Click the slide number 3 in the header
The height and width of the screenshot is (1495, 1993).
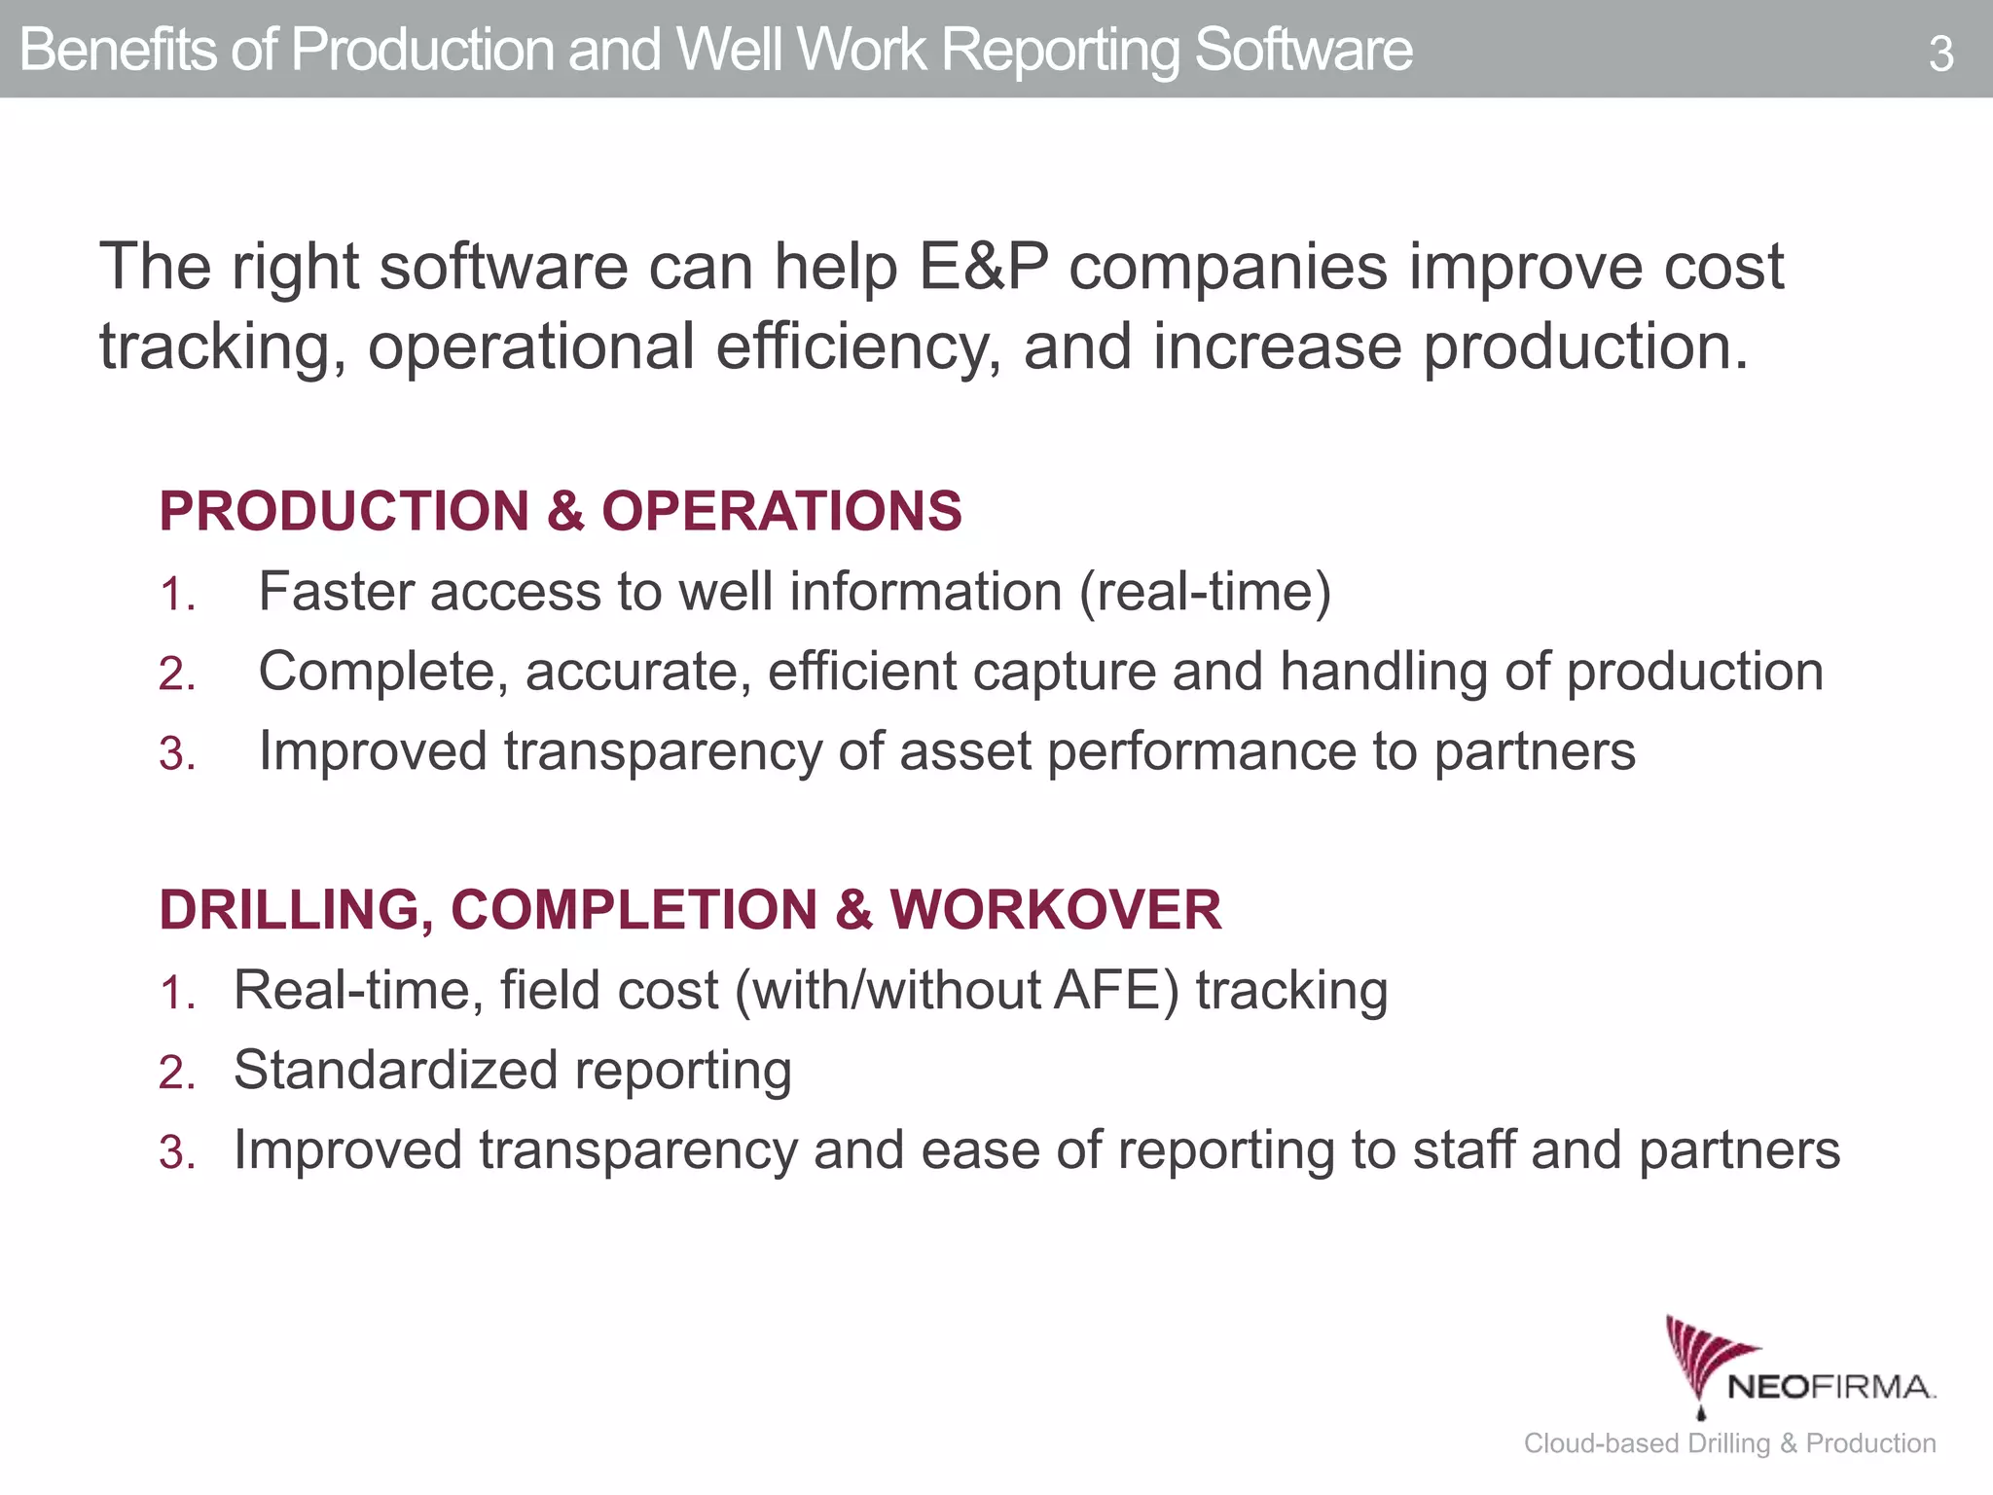(1940, 55)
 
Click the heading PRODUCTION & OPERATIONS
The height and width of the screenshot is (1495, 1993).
(561, 511)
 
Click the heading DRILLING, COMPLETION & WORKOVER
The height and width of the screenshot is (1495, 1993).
(690, 910)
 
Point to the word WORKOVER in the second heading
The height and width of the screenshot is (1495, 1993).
(1056, 910)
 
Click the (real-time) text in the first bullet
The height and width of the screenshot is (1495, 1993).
(1205, 592)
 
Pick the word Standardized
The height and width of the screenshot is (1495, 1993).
(394, 1071)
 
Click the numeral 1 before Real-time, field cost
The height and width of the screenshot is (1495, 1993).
(175, 994)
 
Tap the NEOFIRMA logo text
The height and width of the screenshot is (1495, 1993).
(1830, 1387)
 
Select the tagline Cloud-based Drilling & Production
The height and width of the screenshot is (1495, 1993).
(1729, 1443)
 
